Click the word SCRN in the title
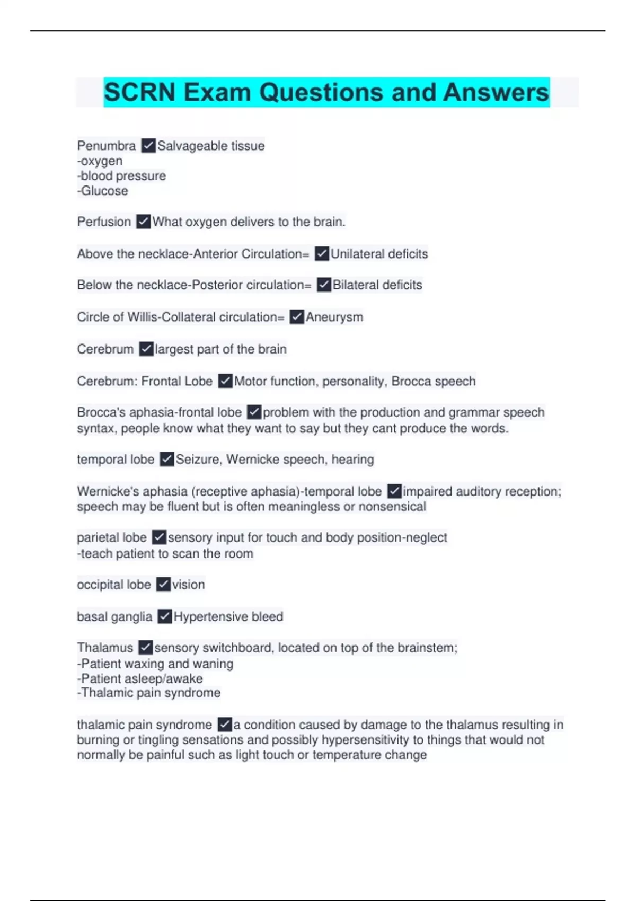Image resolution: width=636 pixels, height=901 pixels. [x=139, y=92]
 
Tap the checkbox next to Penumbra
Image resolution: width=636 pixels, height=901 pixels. [x=148, y=146]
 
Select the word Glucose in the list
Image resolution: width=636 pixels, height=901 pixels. [x=104, y=191]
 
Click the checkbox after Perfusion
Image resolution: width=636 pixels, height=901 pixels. [x=144, y=222]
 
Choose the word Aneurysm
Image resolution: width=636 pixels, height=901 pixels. [x=334, y=317]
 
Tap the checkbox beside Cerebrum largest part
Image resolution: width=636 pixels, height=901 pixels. [x=146, y=349]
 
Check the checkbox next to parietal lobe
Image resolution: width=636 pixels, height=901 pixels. [x=159, y=537]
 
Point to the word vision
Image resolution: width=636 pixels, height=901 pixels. [x=189, y=585]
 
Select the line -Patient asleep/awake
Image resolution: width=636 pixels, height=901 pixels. [x=140, y=678]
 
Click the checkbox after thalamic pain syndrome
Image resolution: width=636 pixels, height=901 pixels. [x=225, y=725]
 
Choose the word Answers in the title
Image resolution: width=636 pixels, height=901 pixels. [x=496, y=92]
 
